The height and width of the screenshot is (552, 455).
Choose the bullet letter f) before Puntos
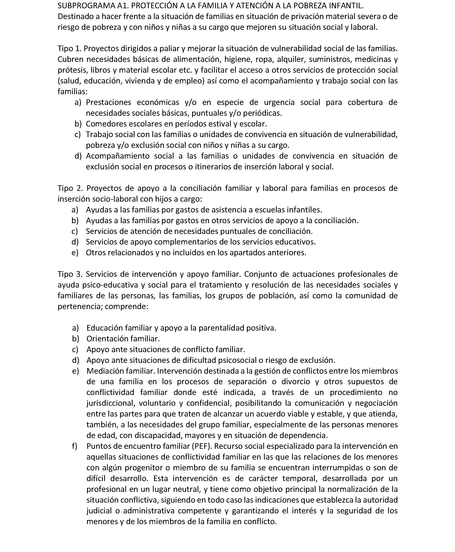(75, 446)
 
